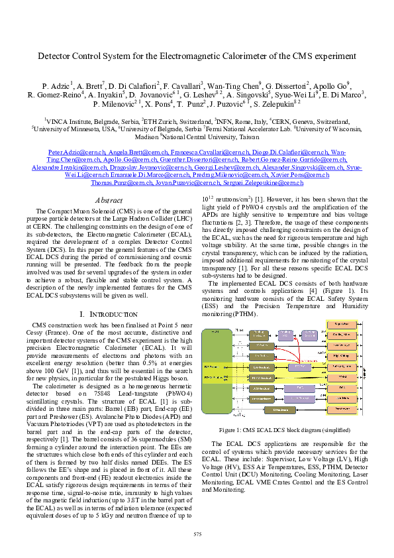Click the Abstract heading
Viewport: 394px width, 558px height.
coord(109,199)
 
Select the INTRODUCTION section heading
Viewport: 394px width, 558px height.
coord(110,313)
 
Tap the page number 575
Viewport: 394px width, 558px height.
coord(197,534)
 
